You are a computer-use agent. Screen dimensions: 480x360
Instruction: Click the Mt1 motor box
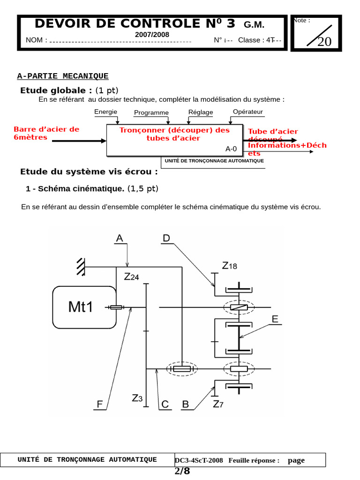click(84, 307)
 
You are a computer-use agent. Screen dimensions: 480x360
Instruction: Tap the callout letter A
click(120, 239)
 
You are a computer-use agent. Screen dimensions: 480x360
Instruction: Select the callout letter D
click(166, 239)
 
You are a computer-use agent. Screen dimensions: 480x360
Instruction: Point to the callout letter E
click(275, 320)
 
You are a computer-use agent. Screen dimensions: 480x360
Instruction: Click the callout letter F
click(100, 404)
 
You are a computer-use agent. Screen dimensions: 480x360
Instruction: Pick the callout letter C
click(165, 404)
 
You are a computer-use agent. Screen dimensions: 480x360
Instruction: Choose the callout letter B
click(186, 404)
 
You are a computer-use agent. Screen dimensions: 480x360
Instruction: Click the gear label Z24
click(132, 277)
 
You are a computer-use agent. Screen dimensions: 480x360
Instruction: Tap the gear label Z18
click(230, 266)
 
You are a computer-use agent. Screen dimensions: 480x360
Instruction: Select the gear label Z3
click(137, 398)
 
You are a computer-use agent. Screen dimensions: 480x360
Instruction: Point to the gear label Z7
click(218, 404)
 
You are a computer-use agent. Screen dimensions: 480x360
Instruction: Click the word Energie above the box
click(105, 112)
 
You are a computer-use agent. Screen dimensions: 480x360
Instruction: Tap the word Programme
click(151, 112)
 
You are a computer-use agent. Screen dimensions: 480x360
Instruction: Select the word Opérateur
click(248, 112)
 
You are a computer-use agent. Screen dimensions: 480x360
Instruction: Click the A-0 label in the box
click(231, 149)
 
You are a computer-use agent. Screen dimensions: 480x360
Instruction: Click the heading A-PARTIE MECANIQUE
click(63, 76)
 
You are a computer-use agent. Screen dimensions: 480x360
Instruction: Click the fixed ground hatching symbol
click(81, 266)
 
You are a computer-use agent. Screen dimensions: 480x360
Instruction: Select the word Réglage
click(201, 112)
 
